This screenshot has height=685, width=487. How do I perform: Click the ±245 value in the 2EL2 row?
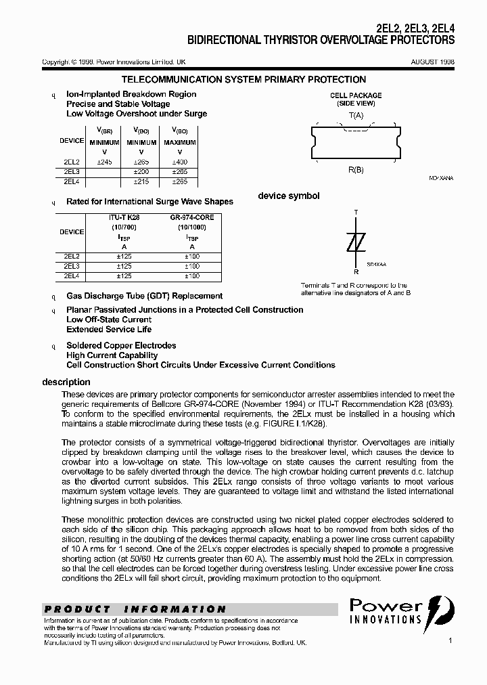105,162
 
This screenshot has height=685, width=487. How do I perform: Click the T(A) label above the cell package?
356,115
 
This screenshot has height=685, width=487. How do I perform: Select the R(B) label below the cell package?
356,170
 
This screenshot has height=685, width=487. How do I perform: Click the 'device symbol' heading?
289,196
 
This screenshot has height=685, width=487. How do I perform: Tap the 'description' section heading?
66,382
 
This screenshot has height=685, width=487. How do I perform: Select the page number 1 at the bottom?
450,640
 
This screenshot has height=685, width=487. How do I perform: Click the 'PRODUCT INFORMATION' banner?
135,609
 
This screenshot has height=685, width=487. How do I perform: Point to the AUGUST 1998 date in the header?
432,62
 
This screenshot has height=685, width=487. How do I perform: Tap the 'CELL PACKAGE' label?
356,95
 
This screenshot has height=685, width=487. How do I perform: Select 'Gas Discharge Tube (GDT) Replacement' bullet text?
144,296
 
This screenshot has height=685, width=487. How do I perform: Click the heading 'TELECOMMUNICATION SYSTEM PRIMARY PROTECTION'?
243,80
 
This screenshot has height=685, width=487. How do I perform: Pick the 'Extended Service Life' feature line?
109,330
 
